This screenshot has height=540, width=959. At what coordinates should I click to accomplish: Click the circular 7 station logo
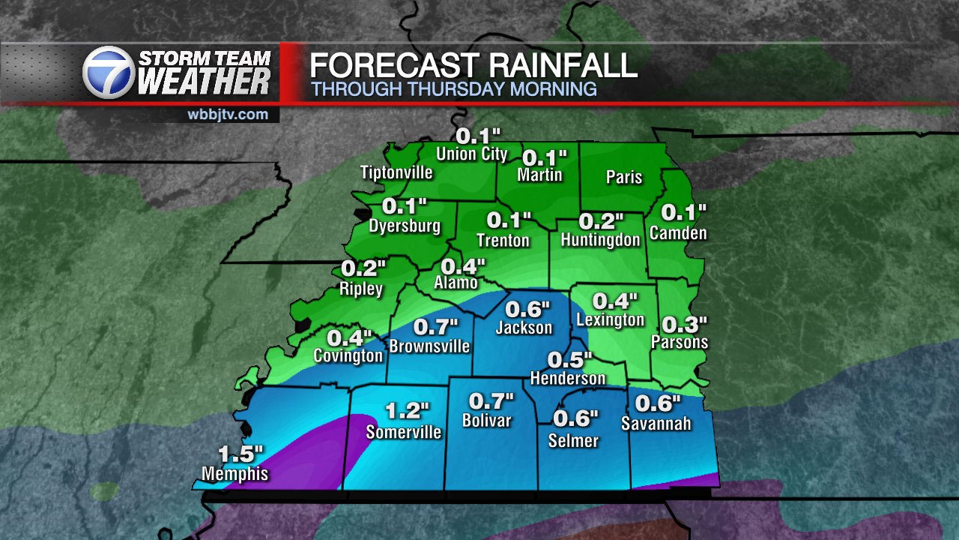[x=109, y=73]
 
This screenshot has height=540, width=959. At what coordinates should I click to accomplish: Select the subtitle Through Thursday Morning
[x=453, y=89]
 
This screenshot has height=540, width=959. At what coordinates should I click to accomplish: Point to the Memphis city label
[x=235, y=474]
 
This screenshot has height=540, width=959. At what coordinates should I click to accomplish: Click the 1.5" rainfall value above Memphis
[x=241, y=454]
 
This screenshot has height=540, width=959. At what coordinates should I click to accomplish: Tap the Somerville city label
[x=404, y=432]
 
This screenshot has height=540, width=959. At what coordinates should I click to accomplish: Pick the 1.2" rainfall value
[x=408, y=411]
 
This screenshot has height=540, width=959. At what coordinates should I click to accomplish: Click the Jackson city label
[x=524, y=328]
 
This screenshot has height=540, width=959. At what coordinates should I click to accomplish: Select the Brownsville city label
[x=429, y=346]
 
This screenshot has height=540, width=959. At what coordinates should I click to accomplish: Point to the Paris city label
[x=624, y=177]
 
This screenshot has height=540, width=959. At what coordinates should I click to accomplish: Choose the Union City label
[x=473, y=154]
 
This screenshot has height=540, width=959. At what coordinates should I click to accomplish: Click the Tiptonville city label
[x=396, y=172]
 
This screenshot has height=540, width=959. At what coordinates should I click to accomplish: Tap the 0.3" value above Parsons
[x=685, y=324]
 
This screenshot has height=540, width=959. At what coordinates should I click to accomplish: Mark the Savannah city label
[x=656, y=424]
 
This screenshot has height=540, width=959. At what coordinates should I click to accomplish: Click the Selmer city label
[x=574, y=440]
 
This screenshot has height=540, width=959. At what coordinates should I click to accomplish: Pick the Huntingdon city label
[x=601, y=240]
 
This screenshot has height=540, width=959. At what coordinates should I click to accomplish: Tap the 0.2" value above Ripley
[x=363, y=268]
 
